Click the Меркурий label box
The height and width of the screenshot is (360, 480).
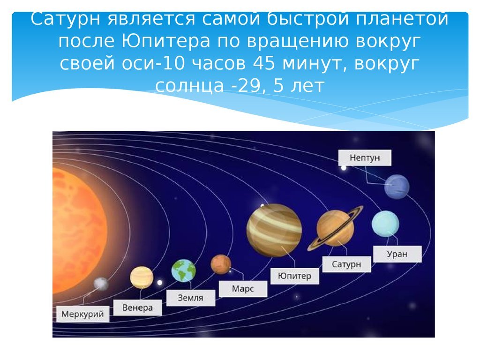(x=82, y=314)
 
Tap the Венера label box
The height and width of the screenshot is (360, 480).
(x=137, y=307)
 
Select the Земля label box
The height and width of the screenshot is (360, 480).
(x=190, y=298)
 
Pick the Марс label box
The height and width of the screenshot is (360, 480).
(x=243, y=289)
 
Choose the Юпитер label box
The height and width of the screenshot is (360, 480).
(x=294, y=276)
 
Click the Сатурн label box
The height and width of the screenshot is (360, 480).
(x=346, y=264)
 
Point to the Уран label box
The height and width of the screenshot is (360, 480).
(x=397, y=254)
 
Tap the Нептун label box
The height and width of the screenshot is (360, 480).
(x=365, y=157)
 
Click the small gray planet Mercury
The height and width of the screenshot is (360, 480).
(x=101, y=284)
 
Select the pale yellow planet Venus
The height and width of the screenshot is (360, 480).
(x=142, y=277)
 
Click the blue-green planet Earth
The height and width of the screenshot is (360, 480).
(x=183, y=270)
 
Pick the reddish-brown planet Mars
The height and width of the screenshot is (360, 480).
(x=221, y=264)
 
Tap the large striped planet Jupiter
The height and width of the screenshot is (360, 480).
(x=274, y=230)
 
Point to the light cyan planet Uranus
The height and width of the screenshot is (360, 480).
(x=385, y=224)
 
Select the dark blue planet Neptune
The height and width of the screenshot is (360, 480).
(x=397, y=187)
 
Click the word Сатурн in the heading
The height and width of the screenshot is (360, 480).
(x=66, y=19)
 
